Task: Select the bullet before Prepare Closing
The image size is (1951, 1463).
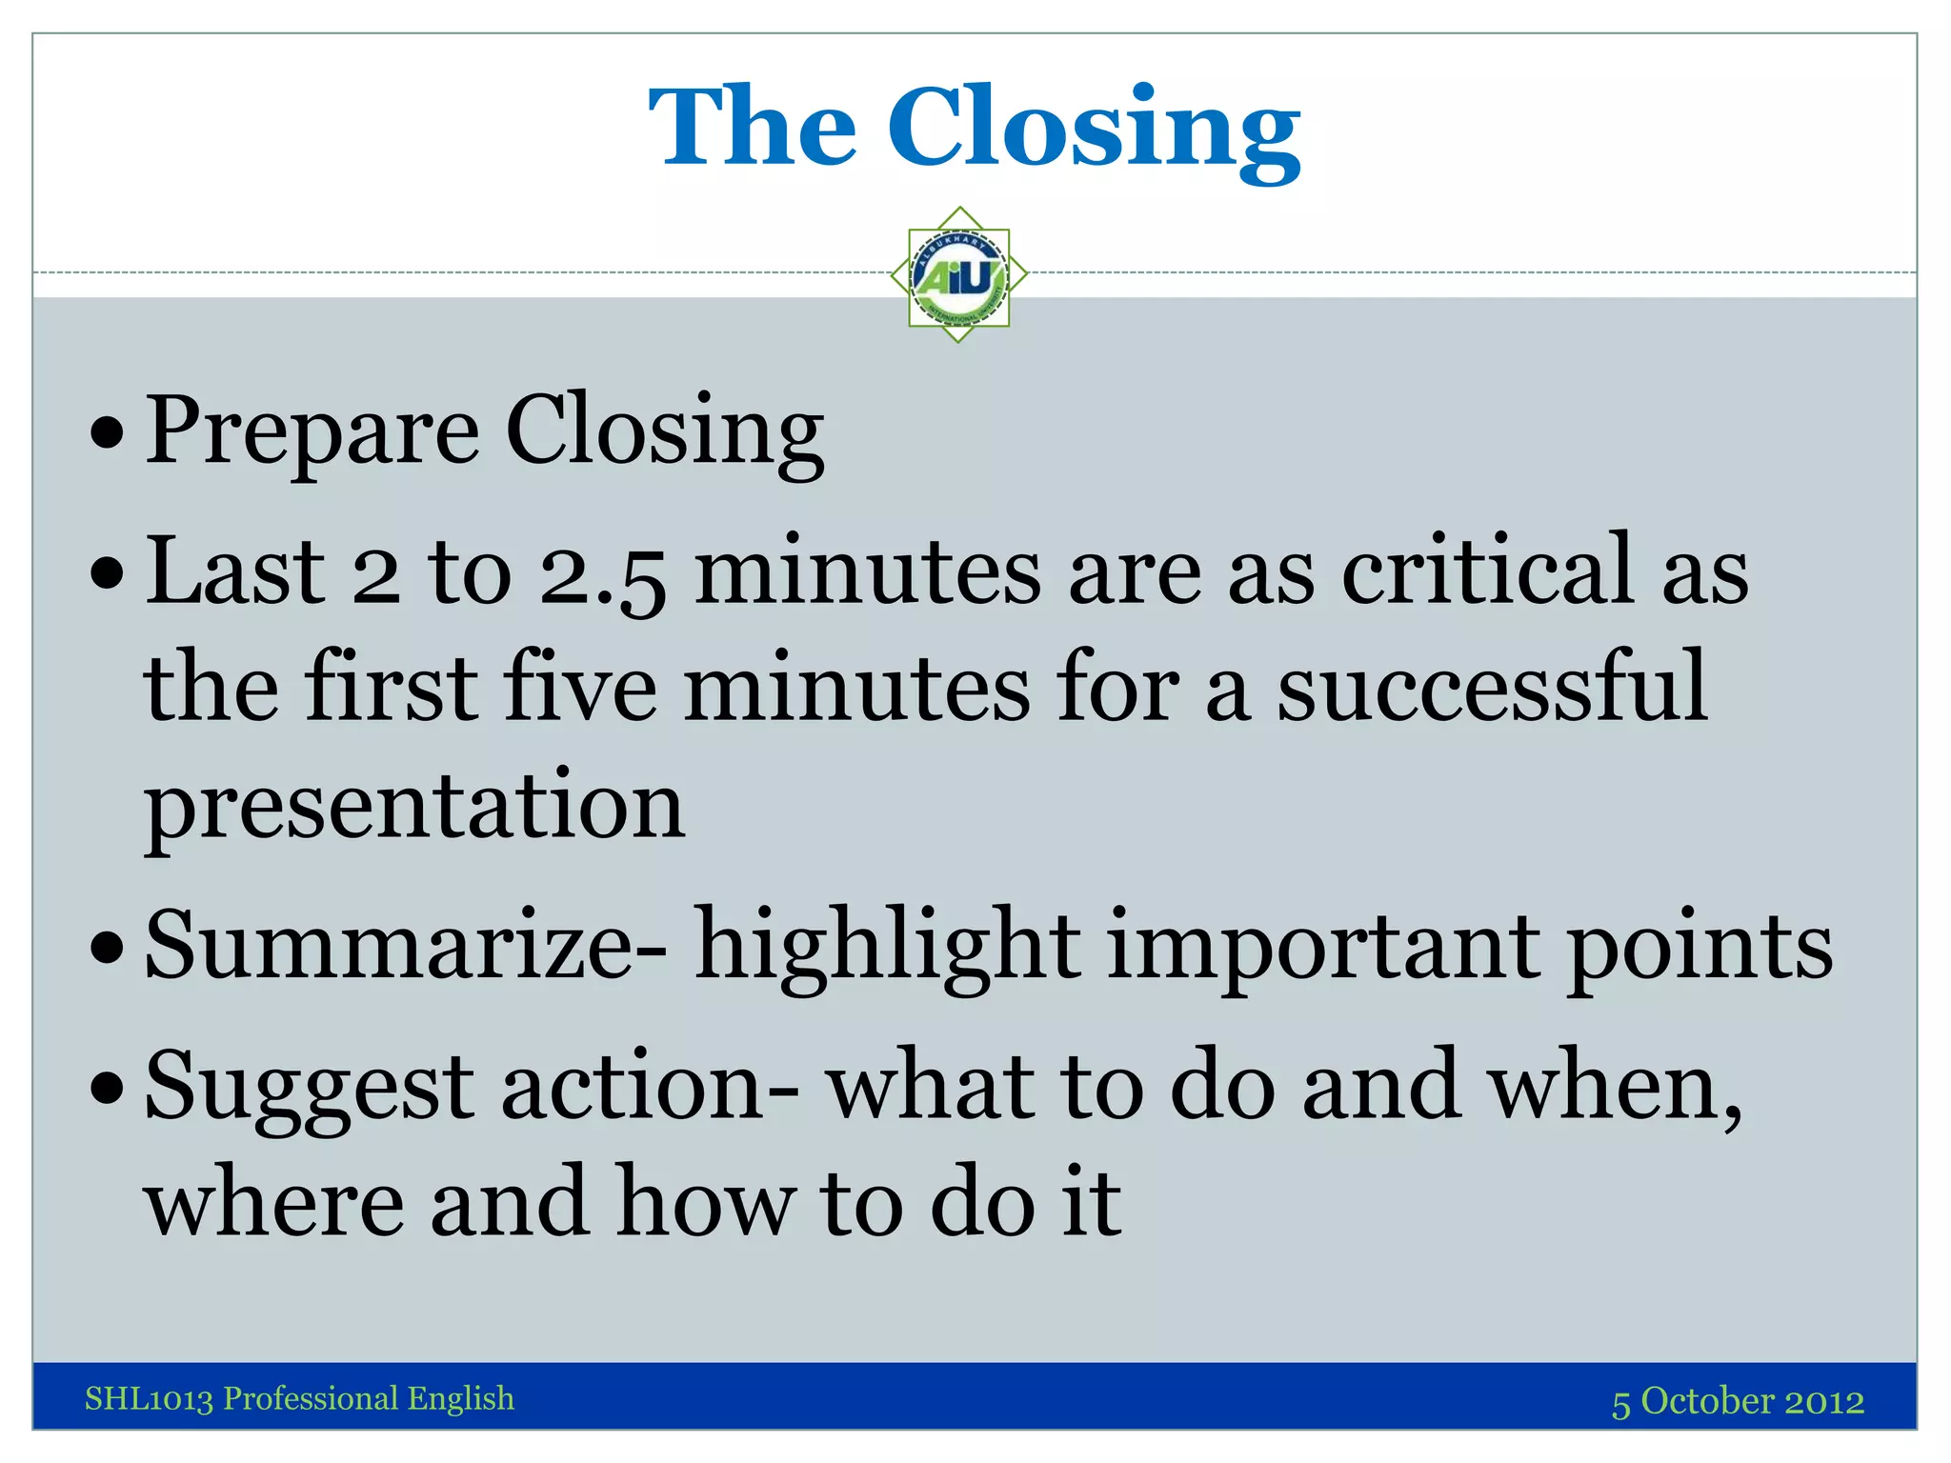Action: (x=108, y=434)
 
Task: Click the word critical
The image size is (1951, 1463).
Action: (x=1487, y=571)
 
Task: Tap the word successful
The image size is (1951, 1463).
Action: (x=1491, y=687)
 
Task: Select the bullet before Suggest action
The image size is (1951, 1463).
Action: (x=108, y=1086)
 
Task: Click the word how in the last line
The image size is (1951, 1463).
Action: (x=705, y=1203)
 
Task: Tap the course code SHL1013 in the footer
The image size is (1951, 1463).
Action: (x=149, y=1398)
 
